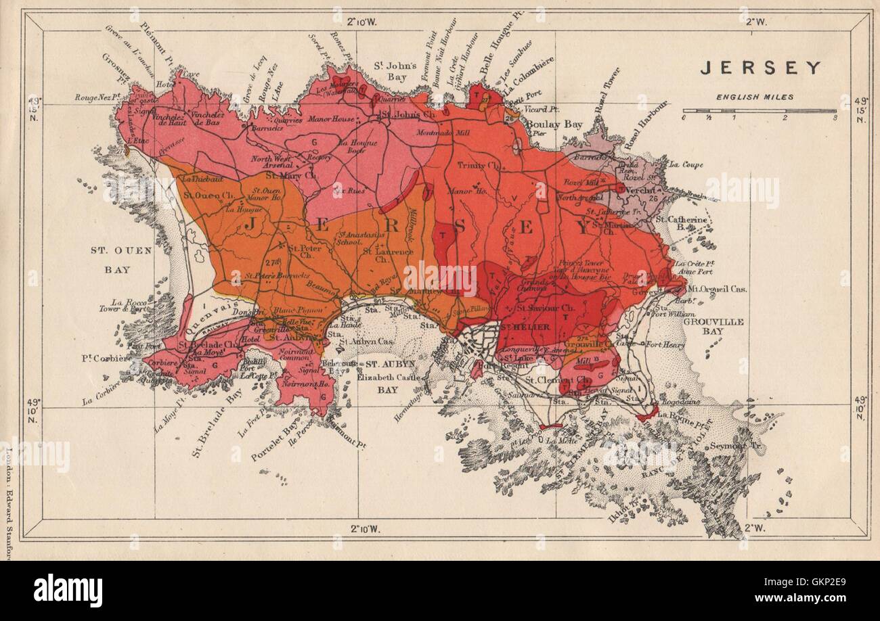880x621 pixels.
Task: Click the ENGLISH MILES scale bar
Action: (x=759, y=110)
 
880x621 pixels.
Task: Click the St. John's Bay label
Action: (x=394, y=70)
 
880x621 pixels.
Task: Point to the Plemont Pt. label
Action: (x=157, y=44)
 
